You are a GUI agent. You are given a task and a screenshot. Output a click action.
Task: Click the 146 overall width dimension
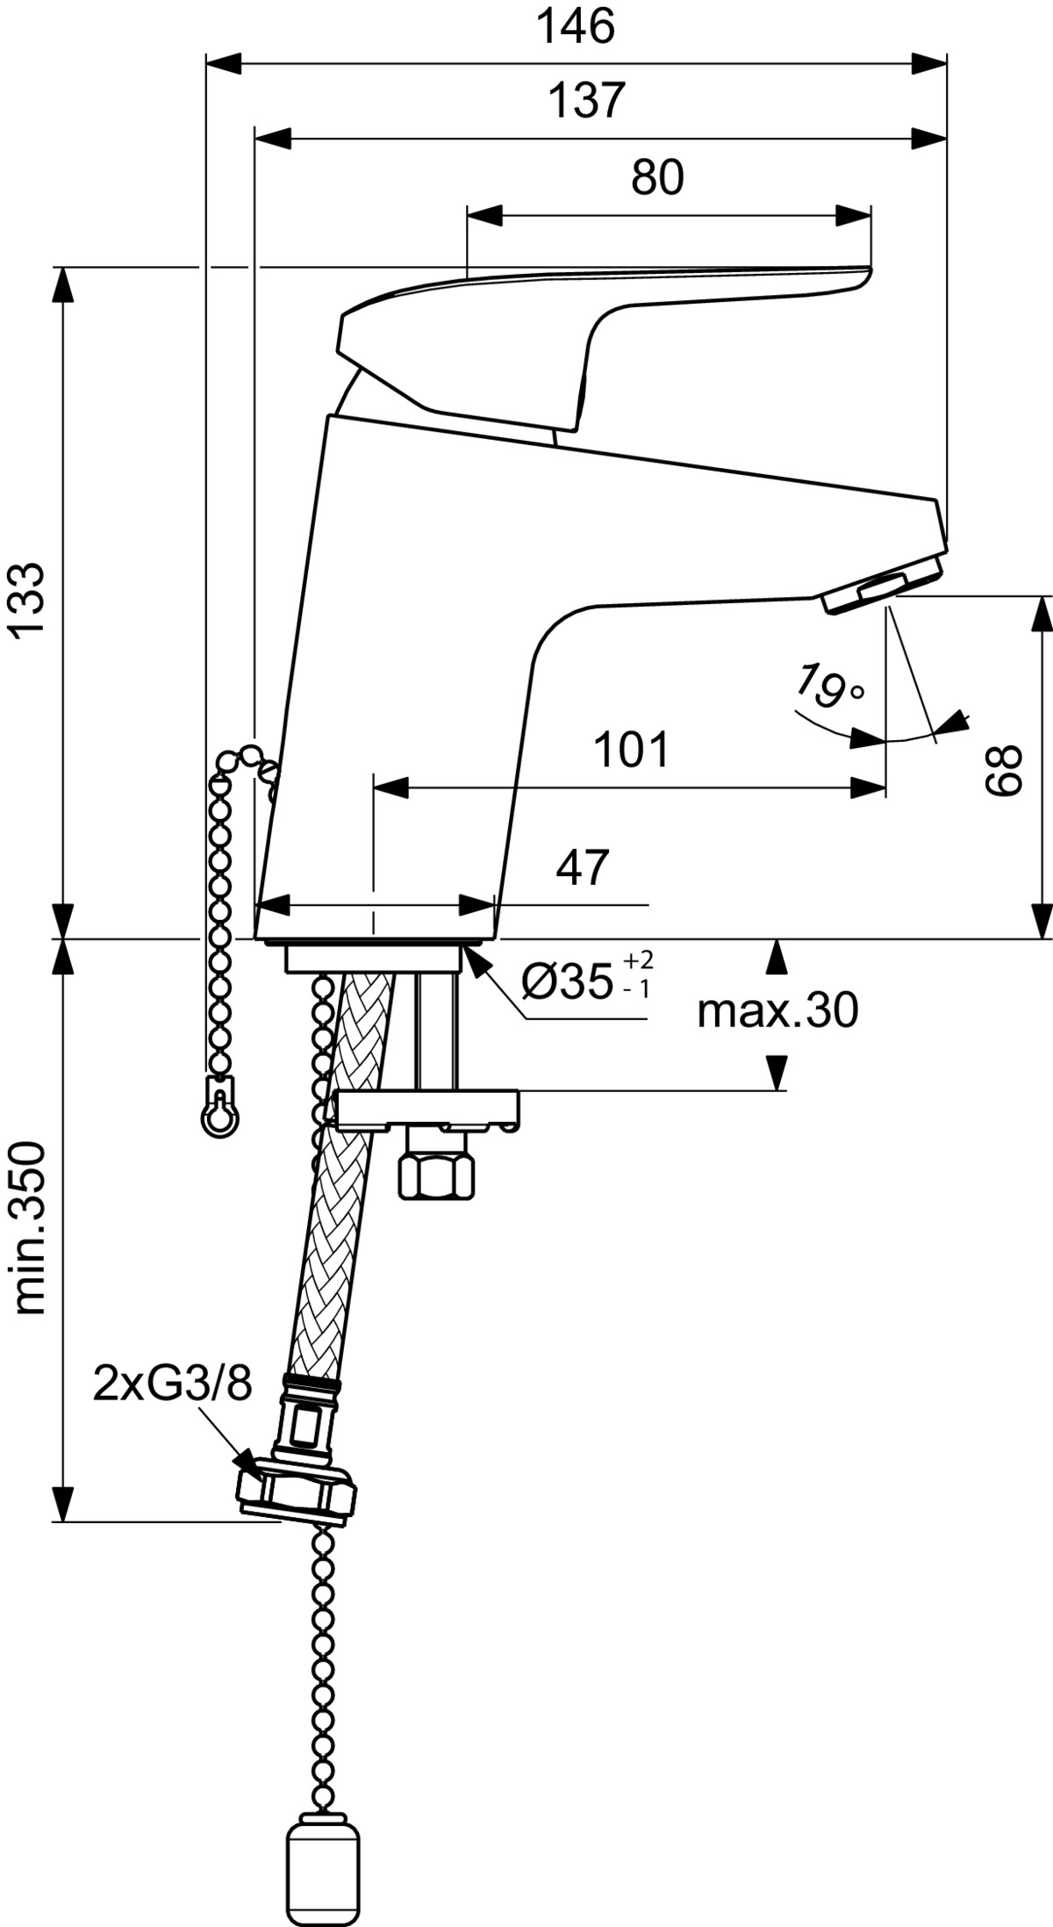[x=576, y=27]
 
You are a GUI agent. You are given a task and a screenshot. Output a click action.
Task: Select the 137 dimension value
[x=586, y=101]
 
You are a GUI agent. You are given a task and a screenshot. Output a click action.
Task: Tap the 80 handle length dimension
[x=657, y=178]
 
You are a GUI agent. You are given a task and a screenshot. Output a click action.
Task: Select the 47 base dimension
[x=582, y=867]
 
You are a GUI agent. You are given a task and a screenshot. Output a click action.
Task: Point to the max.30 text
[x=777, y=1012]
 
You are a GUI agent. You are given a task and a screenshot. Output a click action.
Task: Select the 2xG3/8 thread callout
[x=173, y=1385]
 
